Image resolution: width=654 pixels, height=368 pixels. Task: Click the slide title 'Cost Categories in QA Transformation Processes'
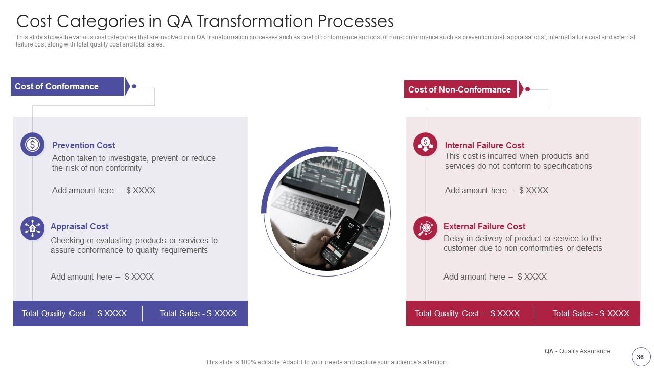[x=205, y=21]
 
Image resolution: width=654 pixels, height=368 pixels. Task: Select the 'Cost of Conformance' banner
[x=67, y=86]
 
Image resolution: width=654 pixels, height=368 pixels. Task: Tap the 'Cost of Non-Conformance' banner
[x=460, y=89]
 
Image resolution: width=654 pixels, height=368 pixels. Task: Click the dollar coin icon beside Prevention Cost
[x=32, y=145]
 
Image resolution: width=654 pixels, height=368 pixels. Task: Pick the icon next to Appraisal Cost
[x=32, y=228]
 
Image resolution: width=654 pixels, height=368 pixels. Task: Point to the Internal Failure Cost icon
[x=425, y=145]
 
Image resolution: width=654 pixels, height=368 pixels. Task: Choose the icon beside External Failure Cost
[x=425, y=228]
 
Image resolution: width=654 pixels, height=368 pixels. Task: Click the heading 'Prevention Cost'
[x=83, y=145]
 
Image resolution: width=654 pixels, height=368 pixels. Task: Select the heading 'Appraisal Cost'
[x=79, y=226]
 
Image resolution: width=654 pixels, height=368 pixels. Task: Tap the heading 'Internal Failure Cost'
[x=484, y=145]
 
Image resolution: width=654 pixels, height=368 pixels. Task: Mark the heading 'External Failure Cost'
[x=484, y=226]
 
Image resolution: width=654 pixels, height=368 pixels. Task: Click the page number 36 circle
[x=640, y=357]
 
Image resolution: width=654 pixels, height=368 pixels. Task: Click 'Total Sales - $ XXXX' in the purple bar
[x=198, y=313]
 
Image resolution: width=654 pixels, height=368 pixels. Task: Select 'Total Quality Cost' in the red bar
[x=467, y=313]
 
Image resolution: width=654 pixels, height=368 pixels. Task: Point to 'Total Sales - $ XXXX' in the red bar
[x=591, y=313]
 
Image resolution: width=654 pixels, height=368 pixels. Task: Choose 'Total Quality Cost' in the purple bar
[x=74, y=313]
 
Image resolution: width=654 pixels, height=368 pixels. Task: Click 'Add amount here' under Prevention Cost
[x=103, y=190]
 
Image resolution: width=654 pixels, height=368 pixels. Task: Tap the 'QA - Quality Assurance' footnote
[x=577, y=351]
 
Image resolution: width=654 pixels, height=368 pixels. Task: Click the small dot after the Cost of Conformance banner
[x=134, y=86]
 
